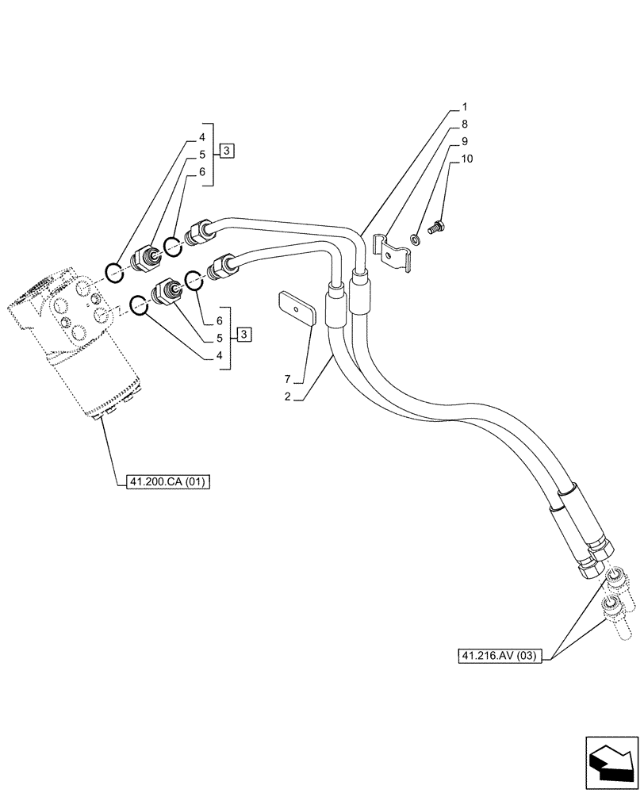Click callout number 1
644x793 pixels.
point(465,106)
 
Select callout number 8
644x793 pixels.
point(465,124)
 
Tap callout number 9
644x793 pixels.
point(465,141)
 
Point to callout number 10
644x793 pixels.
point(467,159)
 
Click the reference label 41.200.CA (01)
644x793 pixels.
point(167,481)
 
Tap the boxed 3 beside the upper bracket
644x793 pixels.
point(227,151)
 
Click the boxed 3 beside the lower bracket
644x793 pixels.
point(245,334)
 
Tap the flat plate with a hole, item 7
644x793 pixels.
point(297,308)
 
